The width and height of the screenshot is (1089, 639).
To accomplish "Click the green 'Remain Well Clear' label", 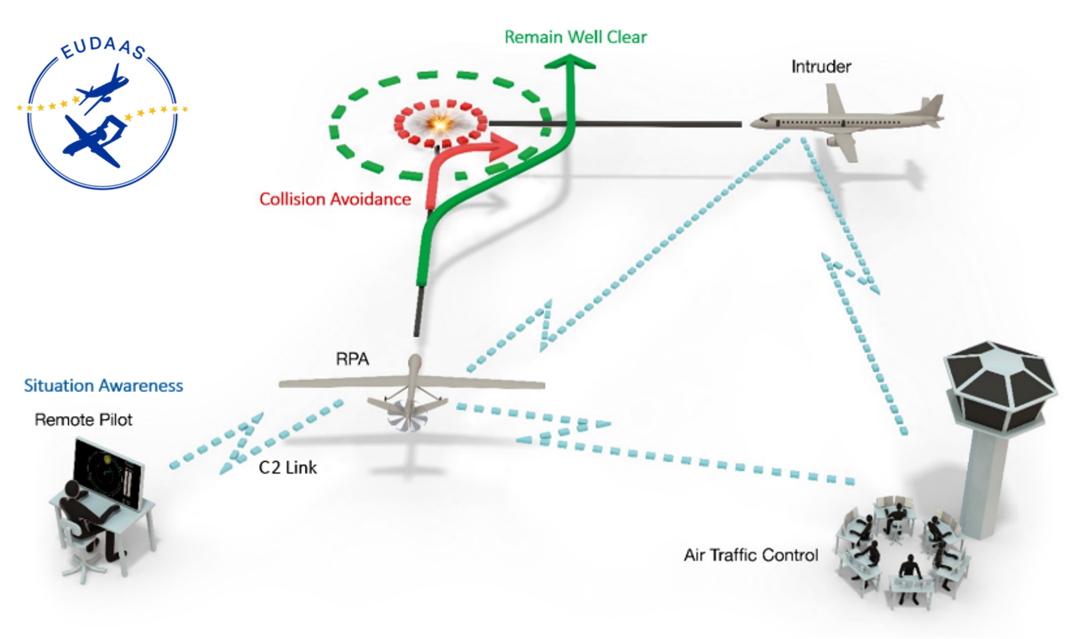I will [575, 37].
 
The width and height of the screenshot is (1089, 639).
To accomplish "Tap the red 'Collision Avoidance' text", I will [335, 199].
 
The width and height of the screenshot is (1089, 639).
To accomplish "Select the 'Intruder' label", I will [821, 66].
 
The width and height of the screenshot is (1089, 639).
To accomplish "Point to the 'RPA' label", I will [352, 359].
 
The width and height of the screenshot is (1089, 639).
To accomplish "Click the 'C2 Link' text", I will [287, 467].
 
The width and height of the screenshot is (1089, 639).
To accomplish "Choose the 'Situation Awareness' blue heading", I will [103, 386].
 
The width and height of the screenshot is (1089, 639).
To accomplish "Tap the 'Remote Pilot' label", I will [84, 420].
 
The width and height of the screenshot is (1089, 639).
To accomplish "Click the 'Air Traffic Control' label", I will [751, 555].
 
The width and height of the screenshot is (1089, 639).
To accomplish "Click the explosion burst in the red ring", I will [440, 124].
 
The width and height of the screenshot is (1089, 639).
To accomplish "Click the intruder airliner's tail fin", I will [933, 106].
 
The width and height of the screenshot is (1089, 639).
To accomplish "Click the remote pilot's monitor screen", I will [108, 473].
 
